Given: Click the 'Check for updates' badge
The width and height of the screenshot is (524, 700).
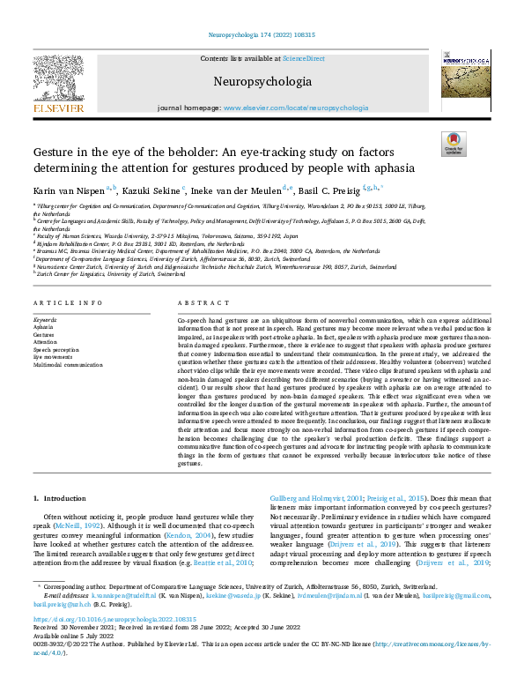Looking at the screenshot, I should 454,144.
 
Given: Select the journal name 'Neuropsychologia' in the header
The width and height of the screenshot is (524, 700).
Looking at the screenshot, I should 262,82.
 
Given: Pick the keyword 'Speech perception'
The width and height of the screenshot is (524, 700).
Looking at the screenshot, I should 54,350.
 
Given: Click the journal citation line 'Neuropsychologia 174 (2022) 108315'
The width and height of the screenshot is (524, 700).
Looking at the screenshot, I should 262,34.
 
